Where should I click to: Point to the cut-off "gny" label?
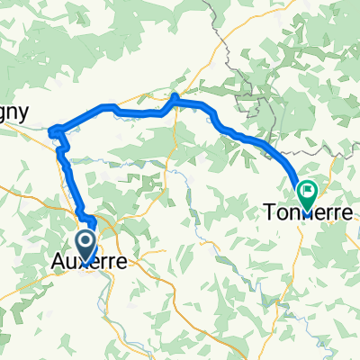point(15,113)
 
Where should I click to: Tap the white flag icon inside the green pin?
point(307,190)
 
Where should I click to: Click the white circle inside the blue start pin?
point(87,238)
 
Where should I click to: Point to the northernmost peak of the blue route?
point(175,95)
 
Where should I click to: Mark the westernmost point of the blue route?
point(50,129)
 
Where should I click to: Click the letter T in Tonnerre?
point(269,213)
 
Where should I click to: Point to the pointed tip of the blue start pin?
point(87,256)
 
